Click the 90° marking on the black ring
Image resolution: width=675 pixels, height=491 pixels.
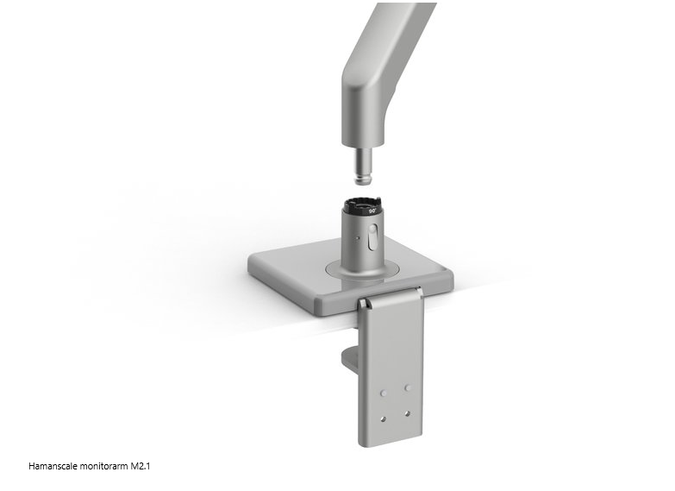click(372, 211)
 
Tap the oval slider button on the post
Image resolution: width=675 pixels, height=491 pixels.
click(372, 237)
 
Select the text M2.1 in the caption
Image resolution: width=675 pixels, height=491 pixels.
click(141, 466)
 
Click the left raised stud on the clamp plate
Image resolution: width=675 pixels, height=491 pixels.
click(383, 393)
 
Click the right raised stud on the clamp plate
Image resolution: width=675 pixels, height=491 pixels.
click(408, 387)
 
